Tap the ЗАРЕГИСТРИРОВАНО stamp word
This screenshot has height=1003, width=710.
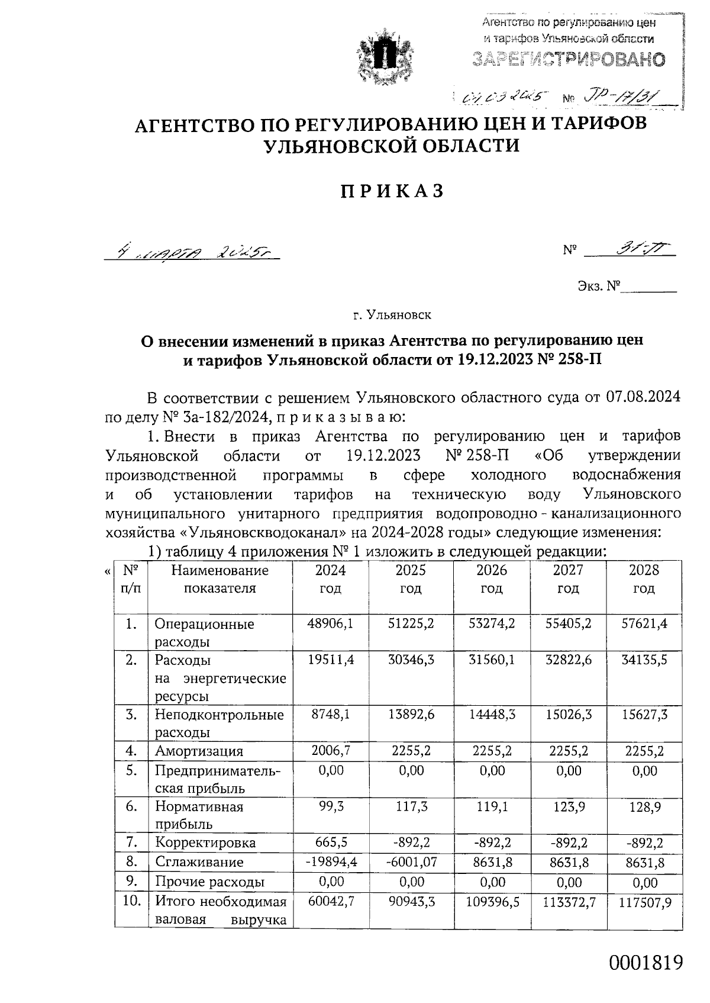coord(568,59)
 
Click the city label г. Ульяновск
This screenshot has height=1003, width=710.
coord(392,315)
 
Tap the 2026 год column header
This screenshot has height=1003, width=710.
coord(491,579)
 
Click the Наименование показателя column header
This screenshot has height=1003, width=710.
coord(220,579)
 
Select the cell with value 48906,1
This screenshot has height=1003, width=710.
coord(330,623)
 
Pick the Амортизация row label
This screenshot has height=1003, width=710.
coord(199,751)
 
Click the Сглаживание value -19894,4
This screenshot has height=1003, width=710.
coord(331,862)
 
